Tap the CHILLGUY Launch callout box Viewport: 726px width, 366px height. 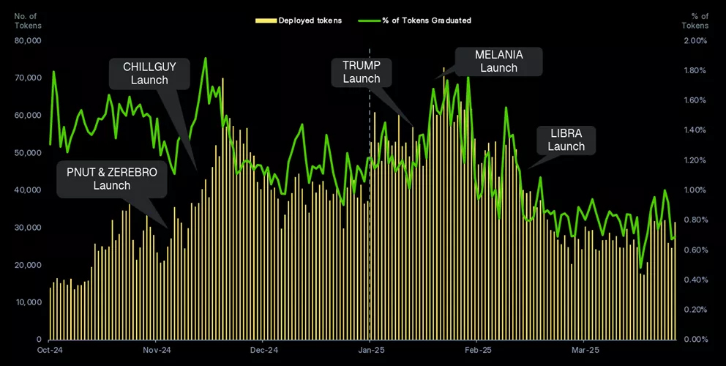(x=149, y=73)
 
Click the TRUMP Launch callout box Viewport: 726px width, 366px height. (x=362, y=72)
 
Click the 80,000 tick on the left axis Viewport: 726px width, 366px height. (x=28, y=41)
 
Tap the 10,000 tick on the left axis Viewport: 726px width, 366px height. (x=28, y=302)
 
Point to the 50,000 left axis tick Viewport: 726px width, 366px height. (x=28, y=153)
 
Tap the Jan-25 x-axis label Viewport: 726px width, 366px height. (x=370, y=351)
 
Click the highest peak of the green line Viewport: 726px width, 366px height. (x=206, y=58)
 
